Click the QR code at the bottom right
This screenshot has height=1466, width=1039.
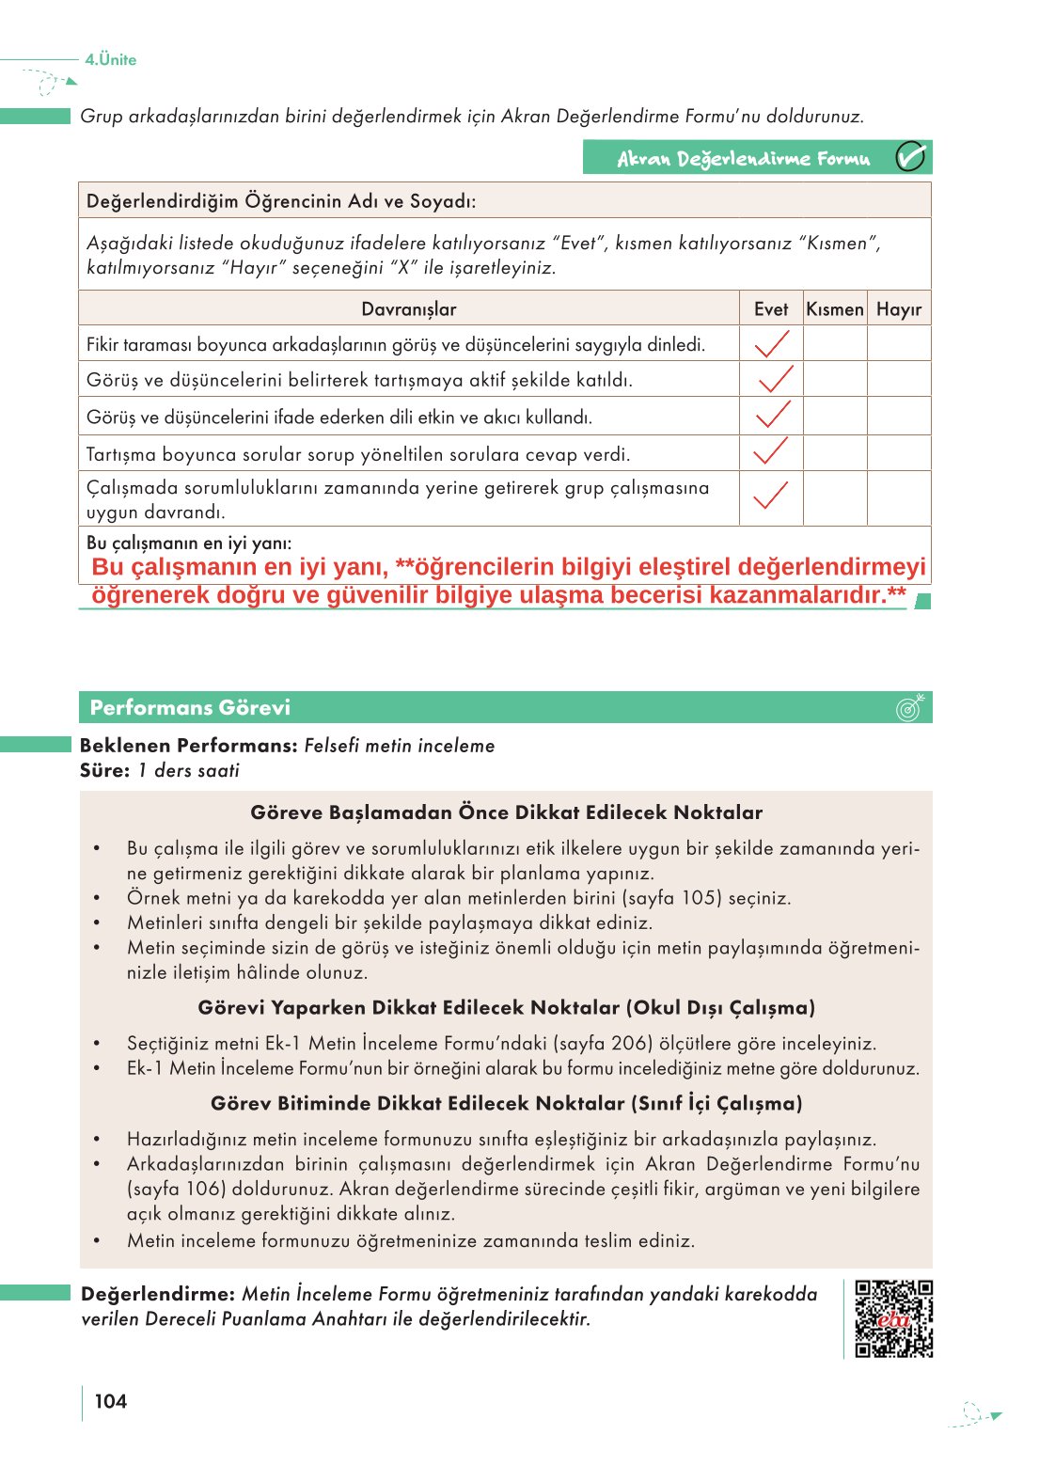pyautogui.click(x=893, y=1318)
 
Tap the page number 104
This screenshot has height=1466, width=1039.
pyautogui.click(x=110, y=1401)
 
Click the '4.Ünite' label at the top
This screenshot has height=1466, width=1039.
pyautogui.click(x=111, y=59)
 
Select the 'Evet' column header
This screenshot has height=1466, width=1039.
pyautogui.click(x=771, y=309)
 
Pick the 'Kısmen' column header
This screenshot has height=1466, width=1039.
pyautogui.click(x=834, y=309)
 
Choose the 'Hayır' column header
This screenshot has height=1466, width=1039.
pyautogui.click(x=899, y=309)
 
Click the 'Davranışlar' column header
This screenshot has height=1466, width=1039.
pyautogui.click(x=408, y=309)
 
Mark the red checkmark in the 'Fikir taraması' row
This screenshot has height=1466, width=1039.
pyautogui.click(x=772, y=344)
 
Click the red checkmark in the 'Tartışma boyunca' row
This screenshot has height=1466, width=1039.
pyautogui.click(x=771, y=452)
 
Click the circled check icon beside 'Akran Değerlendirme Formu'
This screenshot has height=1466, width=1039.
pyautogui.click(x=910, y=157)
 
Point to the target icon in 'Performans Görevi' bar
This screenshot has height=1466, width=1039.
pyautogui.click(x=909, y=707)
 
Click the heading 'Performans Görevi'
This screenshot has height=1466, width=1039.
pyautogui.click(x=190, y=707)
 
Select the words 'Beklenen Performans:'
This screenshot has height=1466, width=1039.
pyautogui.click(x=188, y=746)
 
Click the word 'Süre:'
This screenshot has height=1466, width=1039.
pyautogui.click(x=104, y=770)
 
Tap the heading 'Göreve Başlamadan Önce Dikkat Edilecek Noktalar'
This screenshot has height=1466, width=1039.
pyautogui.click(x=506, y=812)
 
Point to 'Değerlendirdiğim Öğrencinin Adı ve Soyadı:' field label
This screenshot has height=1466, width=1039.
pyautogui.click(x=281, y=201)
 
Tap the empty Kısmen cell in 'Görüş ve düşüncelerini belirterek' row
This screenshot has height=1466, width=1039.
pyautogui.click(x=834, y=380)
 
